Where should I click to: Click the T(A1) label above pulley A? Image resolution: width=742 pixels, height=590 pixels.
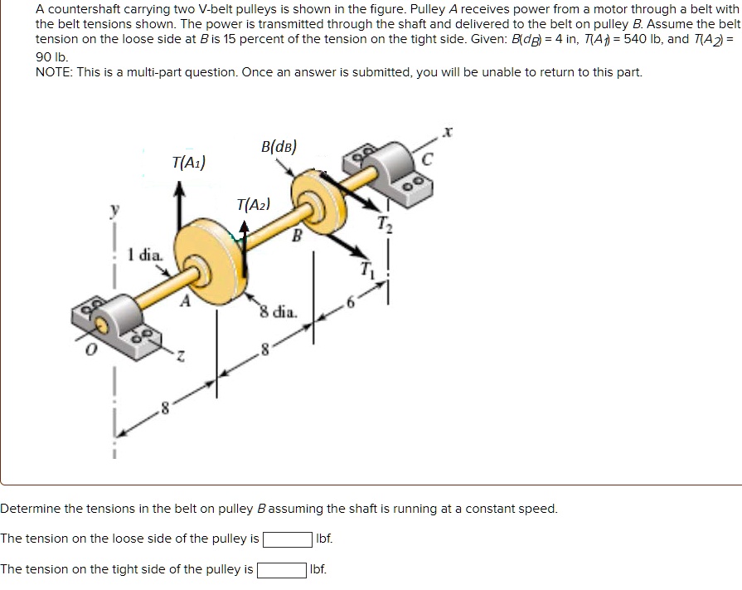tap(189, 162)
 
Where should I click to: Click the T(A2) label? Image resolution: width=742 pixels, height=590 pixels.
tap(252, 204)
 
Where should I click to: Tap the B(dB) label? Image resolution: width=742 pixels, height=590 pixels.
tap(278, 147)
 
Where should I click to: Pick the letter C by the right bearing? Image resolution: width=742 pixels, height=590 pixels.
tap(427, 162)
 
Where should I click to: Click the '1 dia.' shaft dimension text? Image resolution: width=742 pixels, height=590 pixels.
tap(144, 255)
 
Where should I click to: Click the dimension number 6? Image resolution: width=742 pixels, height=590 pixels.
tap(349, 304)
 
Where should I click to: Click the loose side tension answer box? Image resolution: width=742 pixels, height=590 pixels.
tap(288, 539)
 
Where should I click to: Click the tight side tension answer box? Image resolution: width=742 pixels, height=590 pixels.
tap(281, 570)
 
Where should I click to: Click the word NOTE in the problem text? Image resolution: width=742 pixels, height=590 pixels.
tap(53, 72)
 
